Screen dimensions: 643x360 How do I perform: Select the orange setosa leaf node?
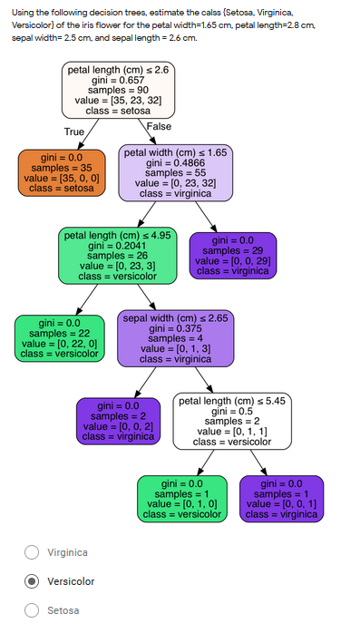59,172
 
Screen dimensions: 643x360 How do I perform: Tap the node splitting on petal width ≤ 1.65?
175,172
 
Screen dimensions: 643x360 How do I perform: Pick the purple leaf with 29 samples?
232,255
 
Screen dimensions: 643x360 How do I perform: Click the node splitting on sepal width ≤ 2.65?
175,338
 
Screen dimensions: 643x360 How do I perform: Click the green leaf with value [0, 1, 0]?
181,499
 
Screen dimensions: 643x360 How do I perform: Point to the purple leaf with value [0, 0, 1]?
282,499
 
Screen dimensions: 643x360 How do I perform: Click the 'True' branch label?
74,132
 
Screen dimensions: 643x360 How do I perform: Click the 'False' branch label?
159,126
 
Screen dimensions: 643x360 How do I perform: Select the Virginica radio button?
32,552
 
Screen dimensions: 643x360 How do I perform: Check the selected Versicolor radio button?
32,581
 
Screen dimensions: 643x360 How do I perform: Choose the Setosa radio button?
32,610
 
